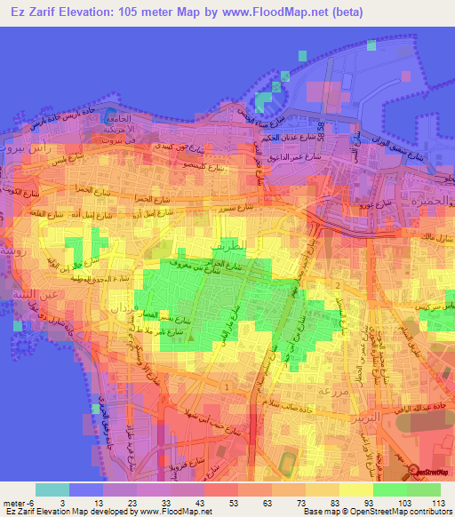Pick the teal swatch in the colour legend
[x=52, y=489]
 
